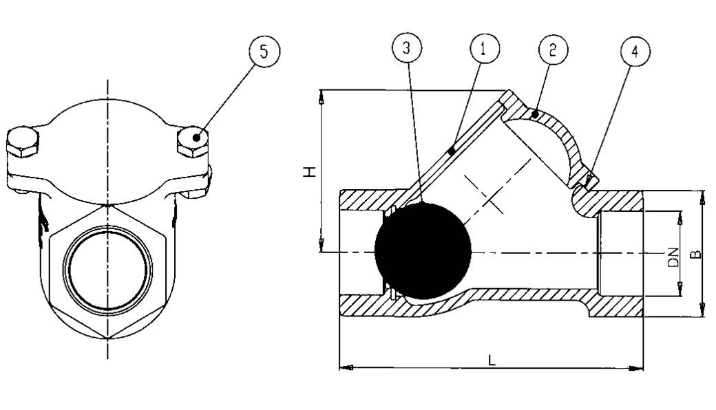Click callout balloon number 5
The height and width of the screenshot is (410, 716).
point(264,52)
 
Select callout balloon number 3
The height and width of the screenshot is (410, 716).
point(407,47)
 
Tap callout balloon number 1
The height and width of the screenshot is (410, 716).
point(485,47)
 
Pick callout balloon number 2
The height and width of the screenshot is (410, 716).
point(553,50)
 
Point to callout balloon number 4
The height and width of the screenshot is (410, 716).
point(635,51)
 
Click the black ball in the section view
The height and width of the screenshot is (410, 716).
point(423,251)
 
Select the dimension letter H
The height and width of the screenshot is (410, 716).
point(310,172)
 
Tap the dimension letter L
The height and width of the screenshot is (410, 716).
point(492,360)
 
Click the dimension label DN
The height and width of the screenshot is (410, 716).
point(673,257)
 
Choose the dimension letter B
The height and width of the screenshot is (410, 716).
point(695,254)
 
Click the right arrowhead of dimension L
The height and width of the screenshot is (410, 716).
point(636,367)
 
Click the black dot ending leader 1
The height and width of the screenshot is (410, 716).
point(451,151)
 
